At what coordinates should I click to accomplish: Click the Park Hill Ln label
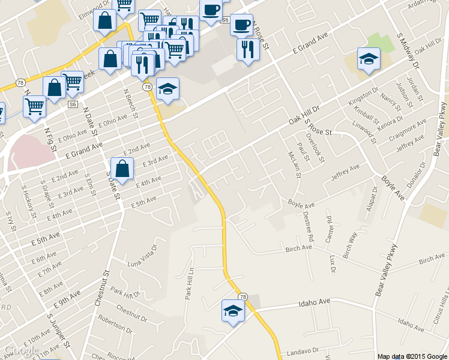point(189,283)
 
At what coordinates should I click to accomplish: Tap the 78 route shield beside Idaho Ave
point(243,296)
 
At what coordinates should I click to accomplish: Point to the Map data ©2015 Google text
point(412,356)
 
